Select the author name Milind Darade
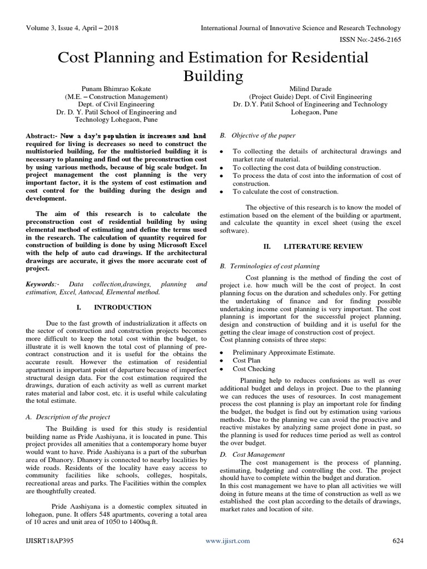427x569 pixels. pos(317,87)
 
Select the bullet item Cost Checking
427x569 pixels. pos(254,368)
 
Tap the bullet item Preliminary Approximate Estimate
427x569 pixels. pos(284,352)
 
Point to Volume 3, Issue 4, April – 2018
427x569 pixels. pos(72,27)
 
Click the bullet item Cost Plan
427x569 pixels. pos(247,361)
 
